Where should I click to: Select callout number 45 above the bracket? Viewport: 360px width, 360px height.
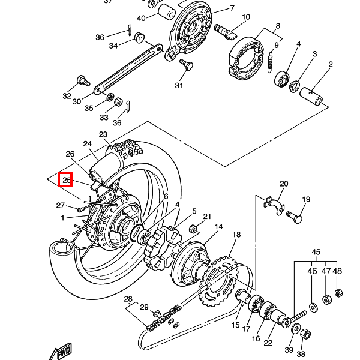pos(316,252)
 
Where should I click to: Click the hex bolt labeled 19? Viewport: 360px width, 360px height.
pos(294,217)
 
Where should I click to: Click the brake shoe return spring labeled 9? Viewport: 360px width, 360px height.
pos(271,62)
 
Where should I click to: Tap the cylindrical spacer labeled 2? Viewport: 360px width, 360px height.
pos(311,95)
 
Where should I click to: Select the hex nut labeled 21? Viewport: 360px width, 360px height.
pos(193,229)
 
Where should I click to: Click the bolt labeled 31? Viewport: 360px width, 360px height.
pos(186,65)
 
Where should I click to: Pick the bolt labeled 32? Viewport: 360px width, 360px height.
pos(83,80)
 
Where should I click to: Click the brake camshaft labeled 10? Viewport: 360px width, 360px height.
pos(225,32)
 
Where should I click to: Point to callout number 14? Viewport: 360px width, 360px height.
pos(218,227)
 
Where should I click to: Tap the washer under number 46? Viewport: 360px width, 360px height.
pos(313,308)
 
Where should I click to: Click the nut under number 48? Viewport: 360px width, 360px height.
pos(338,293)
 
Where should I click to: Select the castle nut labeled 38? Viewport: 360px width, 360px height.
pos(305,335)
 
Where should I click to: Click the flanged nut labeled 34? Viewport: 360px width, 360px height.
pos(139,37)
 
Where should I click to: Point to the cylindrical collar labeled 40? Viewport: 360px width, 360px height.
pos(167,11)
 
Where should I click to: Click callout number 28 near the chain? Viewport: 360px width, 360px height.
pos(128,299)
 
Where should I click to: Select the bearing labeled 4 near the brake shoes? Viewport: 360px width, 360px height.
pos(282,79)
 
